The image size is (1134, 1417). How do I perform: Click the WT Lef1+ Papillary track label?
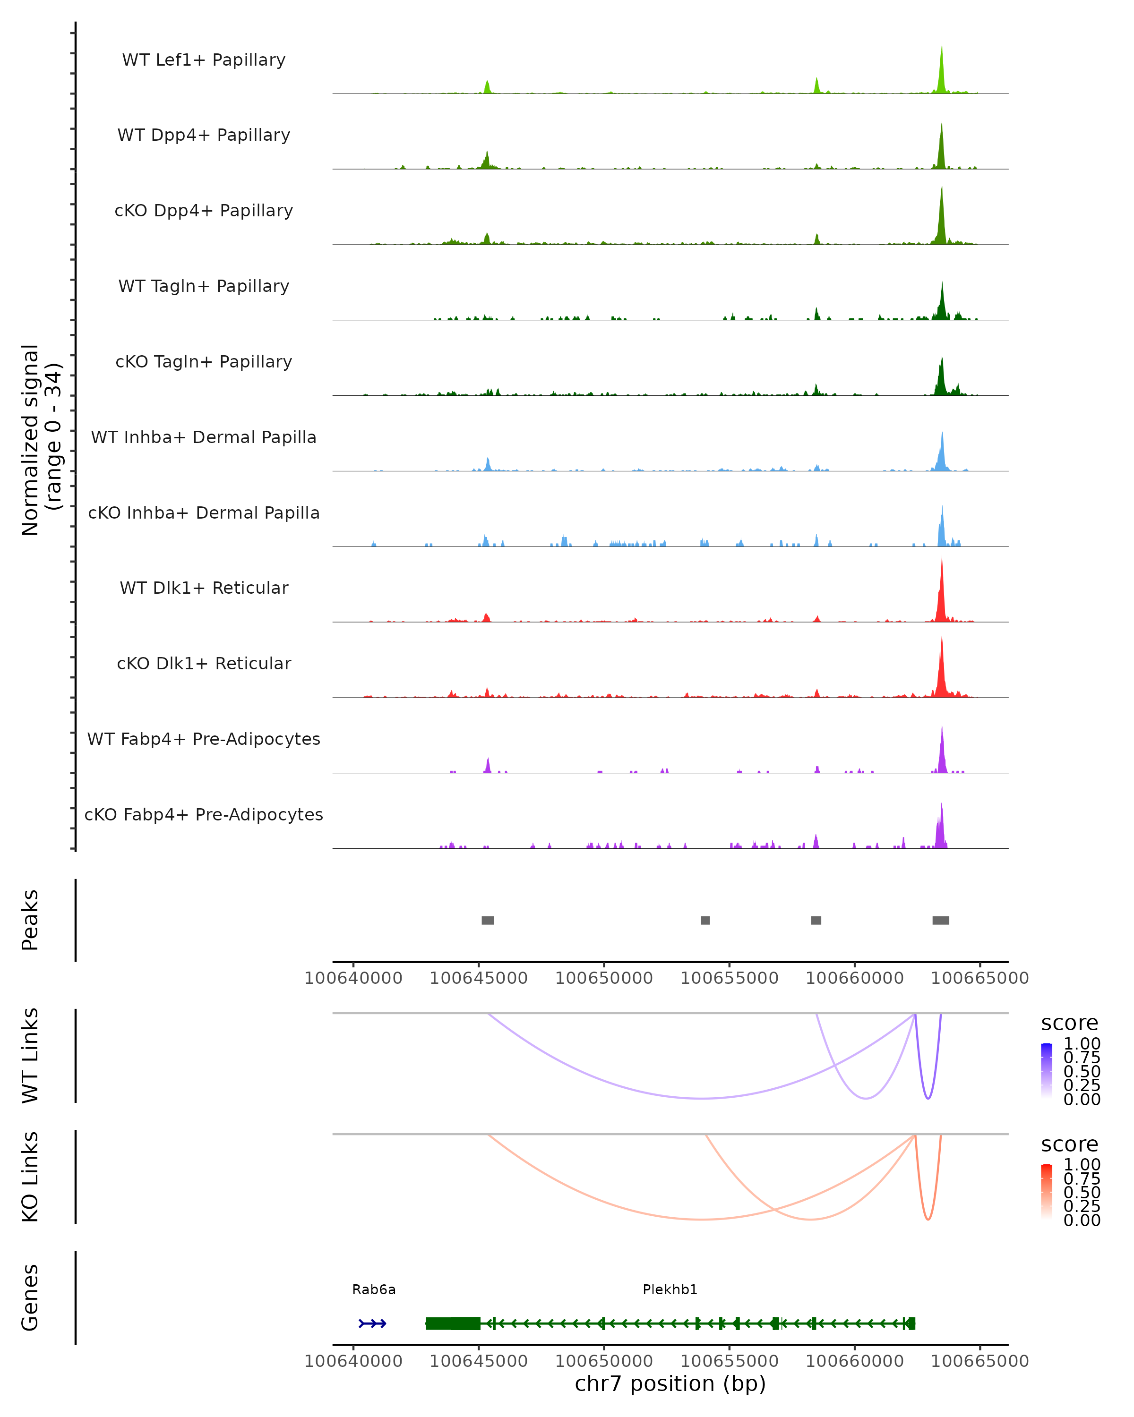[x=204, y=60]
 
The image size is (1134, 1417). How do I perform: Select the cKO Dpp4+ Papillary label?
[x=204, y=211]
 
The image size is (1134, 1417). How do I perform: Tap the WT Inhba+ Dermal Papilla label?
[x=204, y=438]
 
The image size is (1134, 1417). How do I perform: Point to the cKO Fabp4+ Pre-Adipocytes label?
[x=204, y=815]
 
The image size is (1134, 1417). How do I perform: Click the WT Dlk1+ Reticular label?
[x=204, y=588]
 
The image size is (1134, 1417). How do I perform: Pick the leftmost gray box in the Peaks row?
[x=488, y=920]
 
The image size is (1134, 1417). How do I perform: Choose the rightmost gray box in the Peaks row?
[x=941, y=920]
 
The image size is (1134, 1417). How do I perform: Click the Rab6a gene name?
[x=374, y=1289]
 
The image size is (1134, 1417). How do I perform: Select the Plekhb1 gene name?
[x=670, y=1289]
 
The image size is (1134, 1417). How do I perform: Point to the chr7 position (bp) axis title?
[x=670, y=1384]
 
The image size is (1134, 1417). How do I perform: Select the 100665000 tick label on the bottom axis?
[x=979, y=1361]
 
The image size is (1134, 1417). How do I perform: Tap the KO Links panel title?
[x=30, y=1177]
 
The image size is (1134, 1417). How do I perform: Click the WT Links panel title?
[x=30, y=1056]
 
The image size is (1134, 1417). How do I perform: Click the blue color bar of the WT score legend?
[x=1047, y=1070]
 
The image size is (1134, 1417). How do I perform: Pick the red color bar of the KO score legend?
[x=1047, y=1191]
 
